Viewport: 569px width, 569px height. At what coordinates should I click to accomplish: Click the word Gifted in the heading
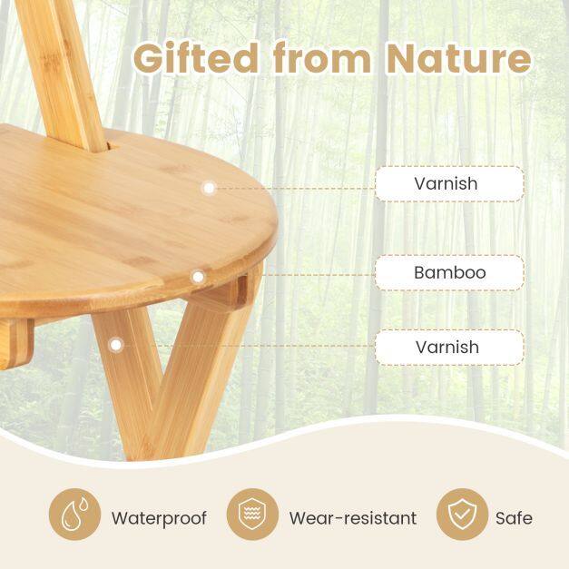(x=196, y=58)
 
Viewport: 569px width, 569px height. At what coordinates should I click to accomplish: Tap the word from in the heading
(x=322, y=57)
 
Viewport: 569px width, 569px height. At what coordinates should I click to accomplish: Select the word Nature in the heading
(x=459, y=58)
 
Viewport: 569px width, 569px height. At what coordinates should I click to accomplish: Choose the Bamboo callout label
(x=449, y=272)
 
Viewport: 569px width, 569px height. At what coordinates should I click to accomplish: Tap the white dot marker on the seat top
(x=209, y=188)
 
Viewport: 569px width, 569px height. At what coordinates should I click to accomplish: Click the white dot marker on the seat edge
(x=198, y=278)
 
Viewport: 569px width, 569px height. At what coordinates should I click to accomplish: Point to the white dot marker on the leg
(x=116, y=345)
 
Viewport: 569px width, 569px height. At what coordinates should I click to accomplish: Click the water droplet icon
(x=74, y=514)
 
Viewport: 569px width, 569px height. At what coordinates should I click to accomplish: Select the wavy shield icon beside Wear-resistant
(x=252, y=514)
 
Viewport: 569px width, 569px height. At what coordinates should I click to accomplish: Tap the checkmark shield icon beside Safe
(x=462, y=514)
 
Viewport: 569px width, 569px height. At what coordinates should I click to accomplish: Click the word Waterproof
(x=159, y=518)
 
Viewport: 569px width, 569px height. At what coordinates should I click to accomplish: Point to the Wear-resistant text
(x=353, y=518)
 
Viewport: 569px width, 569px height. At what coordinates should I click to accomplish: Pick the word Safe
(x=514, y=518)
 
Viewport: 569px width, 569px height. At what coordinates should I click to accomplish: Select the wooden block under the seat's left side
(x=16, y=343)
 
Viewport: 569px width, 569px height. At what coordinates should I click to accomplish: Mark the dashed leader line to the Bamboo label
(x=319, y=275)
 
